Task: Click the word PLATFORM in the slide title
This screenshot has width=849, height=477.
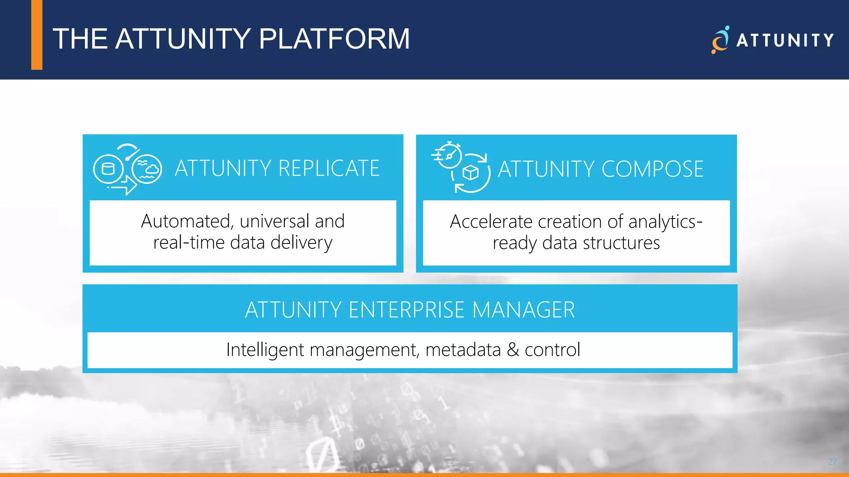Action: pyautogui.click(x=334, y=39)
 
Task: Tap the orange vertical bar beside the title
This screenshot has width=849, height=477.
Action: pyautogui.click(x=37, y=35)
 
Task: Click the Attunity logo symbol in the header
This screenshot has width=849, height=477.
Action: pyautogui.click(x=720, y=40)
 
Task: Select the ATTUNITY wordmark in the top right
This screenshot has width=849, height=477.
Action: pyautogui.click(x=785, y=41)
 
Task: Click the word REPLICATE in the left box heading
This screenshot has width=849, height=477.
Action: pyautogui.click(x=329, y=169)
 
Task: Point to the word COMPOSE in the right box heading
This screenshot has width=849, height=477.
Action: pyautogui.click(x=653, y=169)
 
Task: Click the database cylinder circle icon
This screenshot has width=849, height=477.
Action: pyautogui.click(x=108, y=169)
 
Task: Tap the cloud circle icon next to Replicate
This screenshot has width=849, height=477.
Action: pyautogui.click(x=147, y=169)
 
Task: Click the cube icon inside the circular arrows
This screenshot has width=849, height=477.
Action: pyautogui.click(x=471, y=172)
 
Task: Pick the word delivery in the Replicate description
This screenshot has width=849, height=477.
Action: pyautogui.click(x=301, y=243)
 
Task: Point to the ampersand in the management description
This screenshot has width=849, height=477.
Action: pyautogui.click(x=513, y=350)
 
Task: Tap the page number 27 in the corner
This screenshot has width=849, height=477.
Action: pyautogui.click(x=832, y=462)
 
